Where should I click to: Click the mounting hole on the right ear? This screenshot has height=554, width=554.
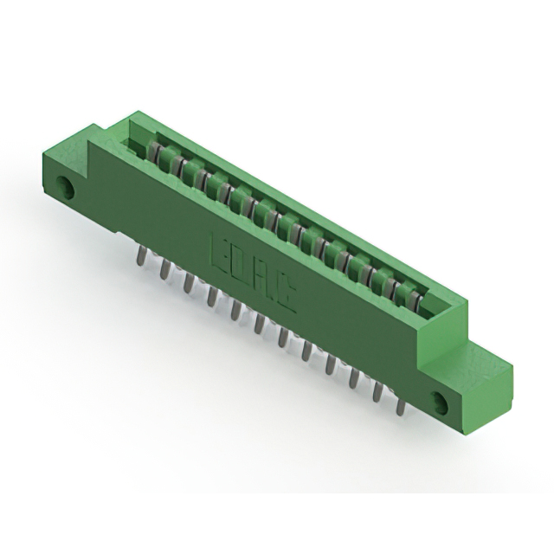439,402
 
